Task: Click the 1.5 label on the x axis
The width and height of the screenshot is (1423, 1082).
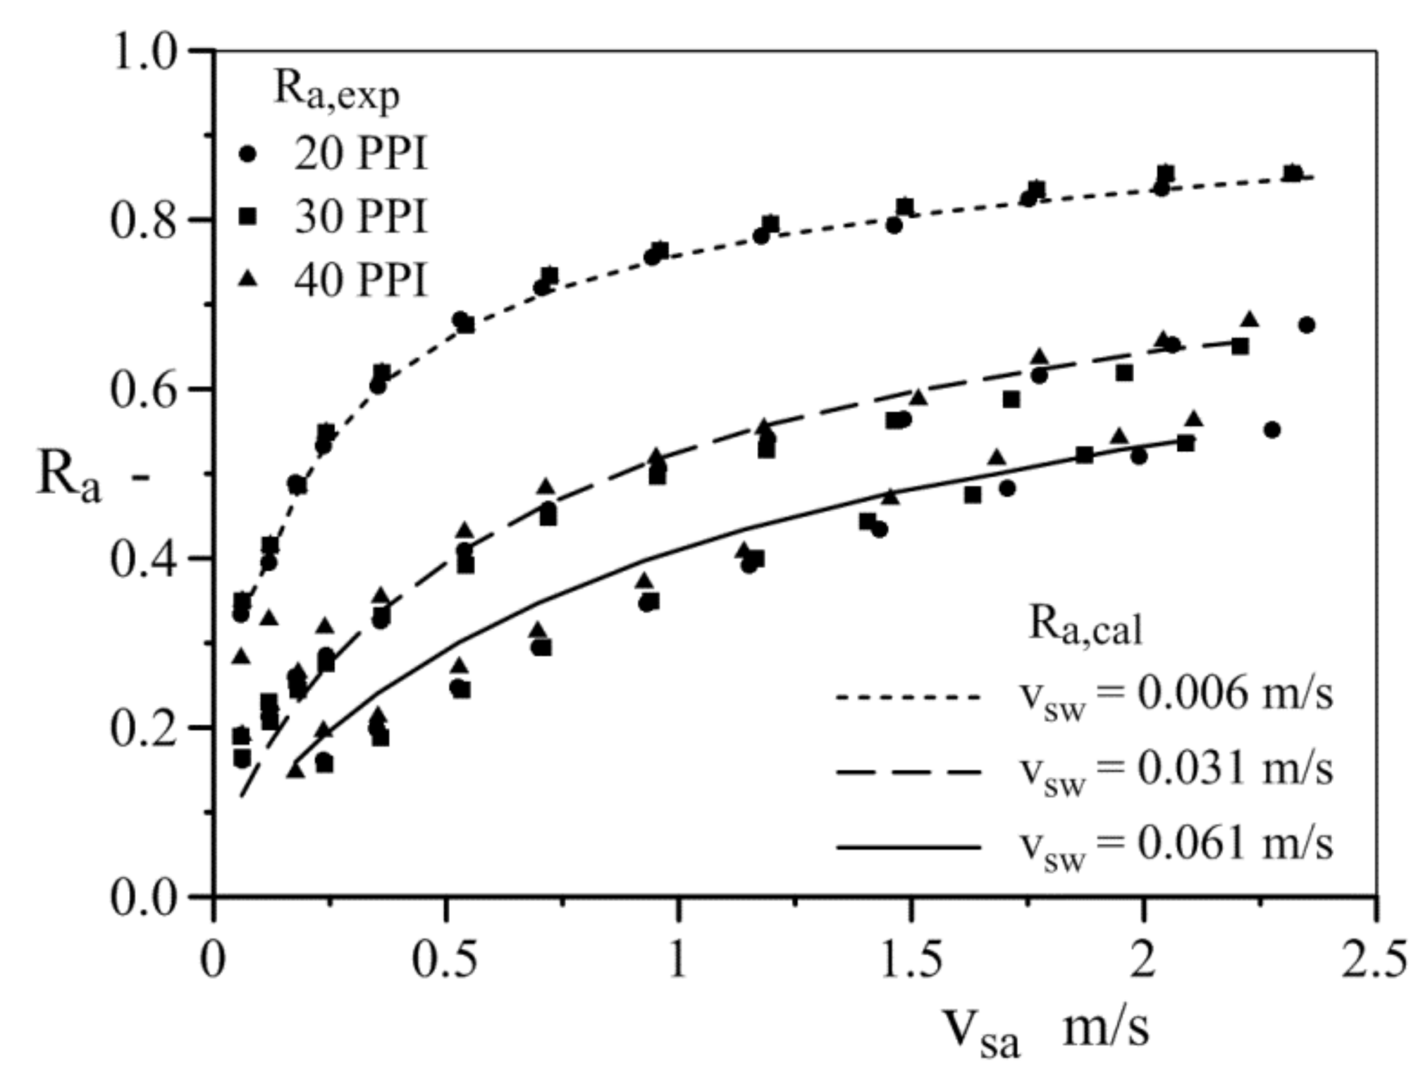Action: (x=911, y=959)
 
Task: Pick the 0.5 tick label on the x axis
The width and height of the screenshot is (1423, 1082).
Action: (x=445, y=959)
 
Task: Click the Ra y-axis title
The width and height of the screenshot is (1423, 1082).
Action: (x=69, y=478)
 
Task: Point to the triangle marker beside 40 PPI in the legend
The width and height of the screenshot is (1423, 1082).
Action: (x=247, y=279)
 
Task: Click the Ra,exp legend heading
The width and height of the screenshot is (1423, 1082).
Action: (x=335, y=92)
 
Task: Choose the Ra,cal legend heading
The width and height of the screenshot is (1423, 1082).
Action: (x=1085, y=625)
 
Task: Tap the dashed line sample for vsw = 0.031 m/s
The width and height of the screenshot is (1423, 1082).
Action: (x=908, y=772)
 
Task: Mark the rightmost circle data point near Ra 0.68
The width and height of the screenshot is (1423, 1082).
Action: (x=1306, y=325)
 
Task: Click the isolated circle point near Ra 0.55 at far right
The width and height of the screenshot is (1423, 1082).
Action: (x=1271, y=430)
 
